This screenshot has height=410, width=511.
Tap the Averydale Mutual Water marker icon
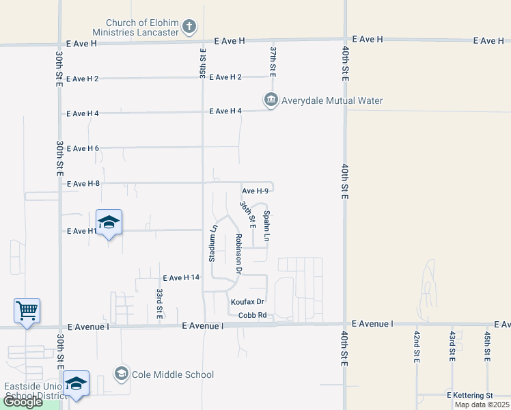coord(271,100)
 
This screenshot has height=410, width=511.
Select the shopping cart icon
coord(27,311)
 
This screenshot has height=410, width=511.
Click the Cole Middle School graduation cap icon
coord(122,374)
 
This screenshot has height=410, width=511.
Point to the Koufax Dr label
coord(247,301)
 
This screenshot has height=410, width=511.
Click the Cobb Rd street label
coord(252,315)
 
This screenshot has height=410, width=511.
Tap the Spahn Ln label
coord(267,225)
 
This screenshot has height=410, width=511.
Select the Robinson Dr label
coord(238,254)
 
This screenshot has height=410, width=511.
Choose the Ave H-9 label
coord(255,191)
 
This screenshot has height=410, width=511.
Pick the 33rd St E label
coord(158,303)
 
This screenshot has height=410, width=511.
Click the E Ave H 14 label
coord(181,277)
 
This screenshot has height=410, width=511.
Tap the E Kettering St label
coord(470,396)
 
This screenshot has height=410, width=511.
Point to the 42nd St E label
coord(417,346)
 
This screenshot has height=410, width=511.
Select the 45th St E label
coord(487,346)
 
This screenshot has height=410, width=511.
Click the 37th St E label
coord(272,61)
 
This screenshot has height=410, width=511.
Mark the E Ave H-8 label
coord(83,183)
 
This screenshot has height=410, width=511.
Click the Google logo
coord(23,402)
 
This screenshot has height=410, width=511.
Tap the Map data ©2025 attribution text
coord(482,405)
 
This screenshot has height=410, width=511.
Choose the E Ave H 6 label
coord(83,148)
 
